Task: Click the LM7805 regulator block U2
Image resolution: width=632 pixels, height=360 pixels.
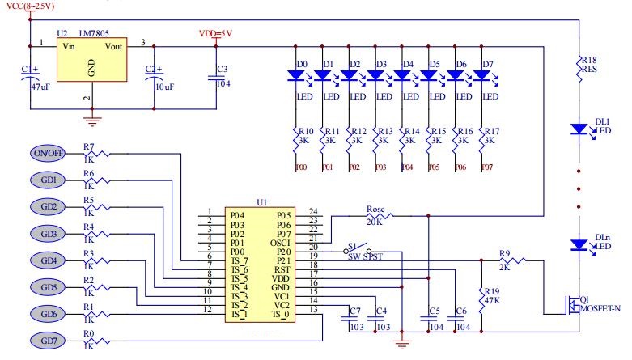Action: click(92, 61)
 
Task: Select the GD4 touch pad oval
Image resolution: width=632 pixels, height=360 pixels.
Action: click(49, 260)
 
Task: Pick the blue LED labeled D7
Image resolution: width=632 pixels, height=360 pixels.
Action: click(484, 76)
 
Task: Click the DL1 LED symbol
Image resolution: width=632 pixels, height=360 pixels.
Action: click(580, 129)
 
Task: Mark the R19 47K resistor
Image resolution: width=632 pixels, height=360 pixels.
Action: click(483, 297)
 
